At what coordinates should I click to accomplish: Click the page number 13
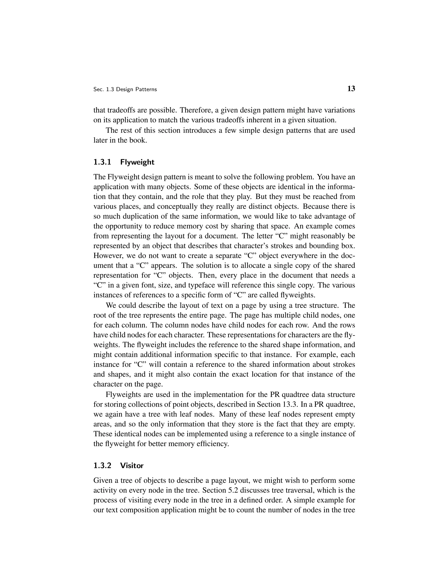(351, 89)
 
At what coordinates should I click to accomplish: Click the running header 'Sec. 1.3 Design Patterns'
(125, 90)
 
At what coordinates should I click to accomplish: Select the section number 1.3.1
(102, 162)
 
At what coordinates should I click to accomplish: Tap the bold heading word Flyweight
(137, 162)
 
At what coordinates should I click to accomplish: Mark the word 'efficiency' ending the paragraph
(213, 444)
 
